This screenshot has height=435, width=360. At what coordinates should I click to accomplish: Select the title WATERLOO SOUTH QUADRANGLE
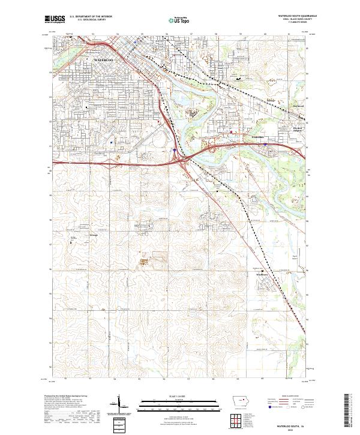[x=295, y=16]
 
